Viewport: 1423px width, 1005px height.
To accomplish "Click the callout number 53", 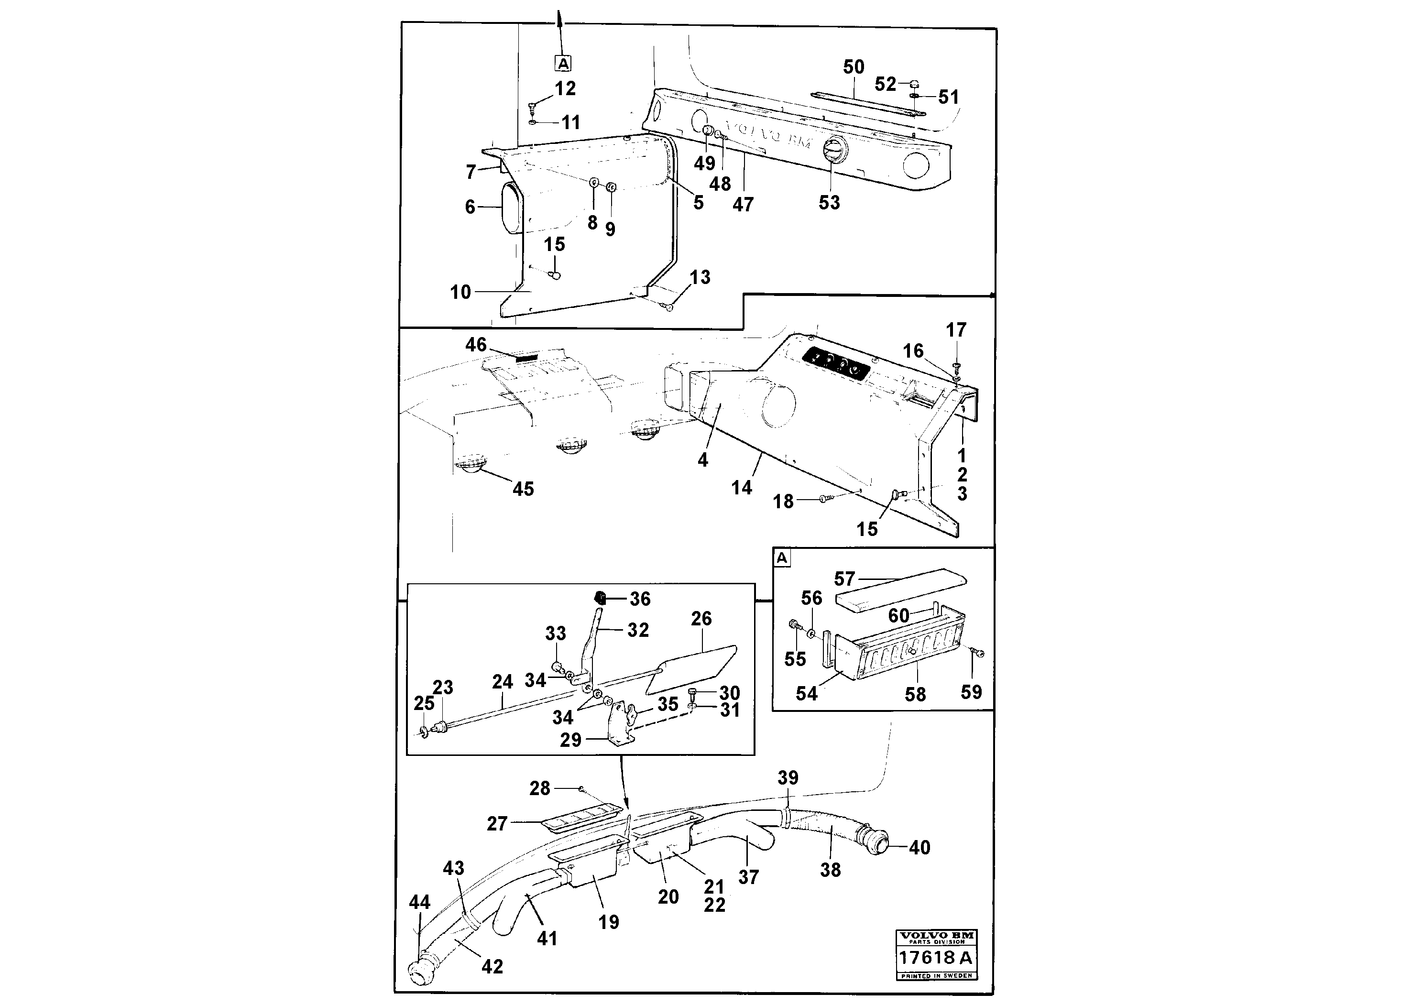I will point(829,203).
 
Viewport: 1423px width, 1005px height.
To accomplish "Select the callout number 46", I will point(476,345).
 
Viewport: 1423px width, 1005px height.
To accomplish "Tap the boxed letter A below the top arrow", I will point(563,63).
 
